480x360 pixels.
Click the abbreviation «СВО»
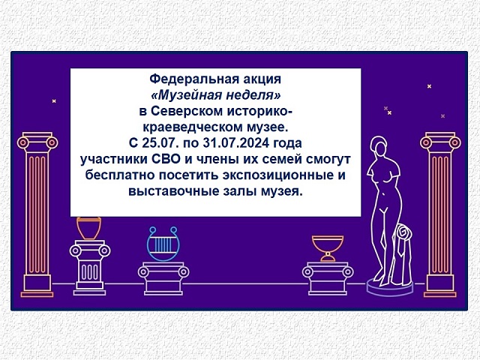pyautogui.click(x=166, y=160)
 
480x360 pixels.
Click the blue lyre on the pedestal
pyautogui.click(x=163, y=244)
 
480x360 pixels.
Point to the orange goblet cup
pyautogui.click(x=328, y=248)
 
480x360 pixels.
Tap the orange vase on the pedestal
pyautogui.click(x=88, y=228)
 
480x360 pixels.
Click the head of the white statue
pyautogui.click(x=379, y=146)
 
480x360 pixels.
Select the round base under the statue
pyautogui.click(x=390, y=287)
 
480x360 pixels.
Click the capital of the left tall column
pyautogui.click(x=37, y=142)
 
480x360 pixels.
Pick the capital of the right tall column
pyautogui.click(x=440, y=142)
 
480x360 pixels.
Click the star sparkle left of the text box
pyautogui.click(x=54, y=101)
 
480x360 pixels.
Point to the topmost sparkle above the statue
pyautogui.click(x=429, y=86)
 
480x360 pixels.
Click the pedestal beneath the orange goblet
pyautogui.click(x=328, y=278)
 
